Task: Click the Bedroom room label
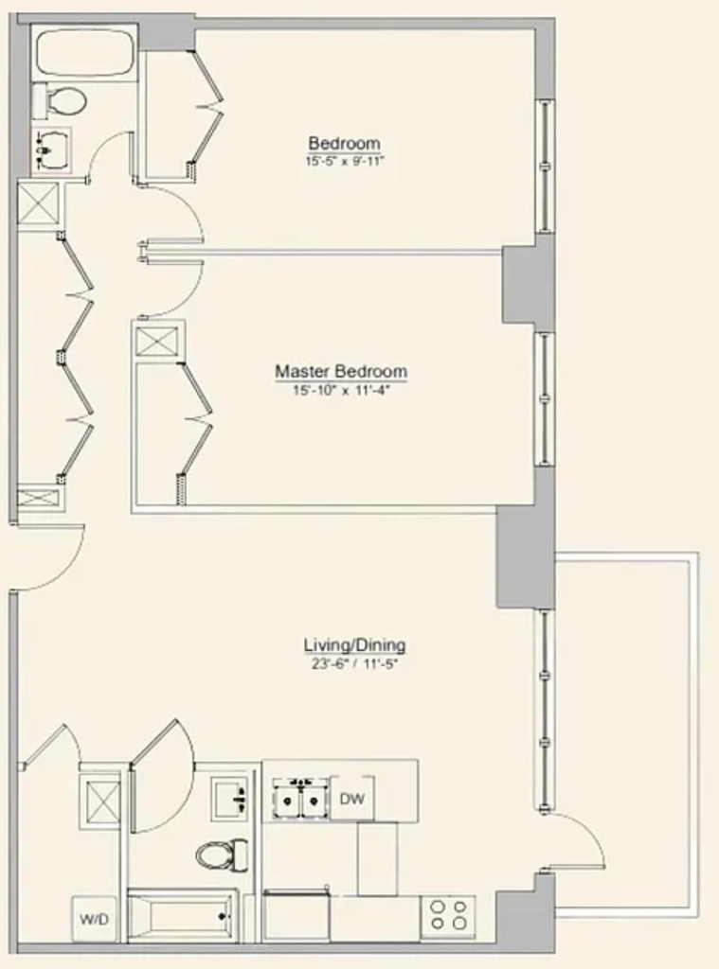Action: coord(344,144)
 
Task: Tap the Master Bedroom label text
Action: coord(341,371)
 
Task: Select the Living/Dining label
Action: coord(354,645)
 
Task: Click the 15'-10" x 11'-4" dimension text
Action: coord(342,391)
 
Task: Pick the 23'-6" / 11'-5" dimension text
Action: coord(354,664)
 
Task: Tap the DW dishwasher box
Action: coord(352,798)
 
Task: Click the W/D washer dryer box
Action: coord(94,919)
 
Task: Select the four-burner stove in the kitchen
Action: coord(448,915)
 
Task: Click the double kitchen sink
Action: coord(300,798)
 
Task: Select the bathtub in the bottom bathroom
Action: coord(183,916)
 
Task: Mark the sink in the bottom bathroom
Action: coord(230,799)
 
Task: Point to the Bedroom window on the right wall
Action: coord(545,166)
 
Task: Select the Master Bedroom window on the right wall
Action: coord(545,399)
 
